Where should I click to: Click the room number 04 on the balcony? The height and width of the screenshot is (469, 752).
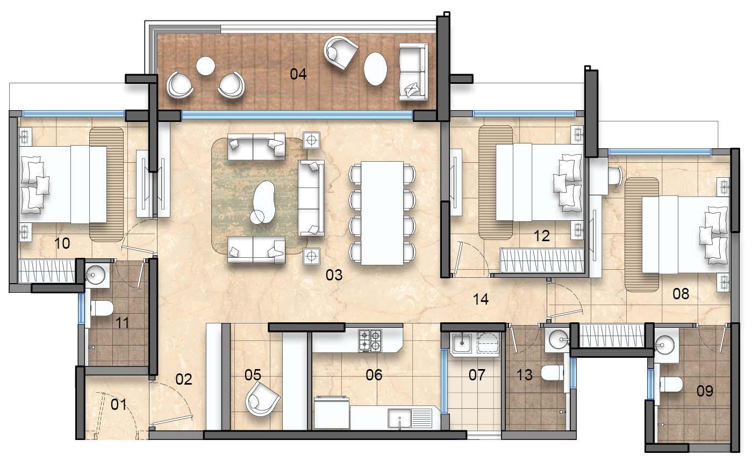(x=298, y=74)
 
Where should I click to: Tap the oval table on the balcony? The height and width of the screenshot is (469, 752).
(x=375, y=69)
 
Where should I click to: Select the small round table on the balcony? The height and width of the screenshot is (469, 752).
(x=205, y=66)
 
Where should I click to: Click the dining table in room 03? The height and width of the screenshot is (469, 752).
(x=382, y=213)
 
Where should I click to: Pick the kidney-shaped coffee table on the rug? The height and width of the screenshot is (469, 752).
(x=263, y=203)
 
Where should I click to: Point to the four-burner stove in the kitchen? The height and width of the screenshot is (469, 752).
(x=370, y=340)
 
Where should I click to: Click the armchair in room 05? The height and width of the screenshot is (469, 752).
(x=262, y=399)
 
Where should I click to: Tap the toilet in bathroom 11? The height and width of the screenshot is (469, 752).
(x=102, y=308)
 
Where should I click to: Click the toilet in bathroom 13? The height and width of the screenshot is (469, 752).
(x=553, y=373)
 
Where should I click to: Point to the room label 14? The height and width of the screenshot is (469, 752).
(x=481, y=299)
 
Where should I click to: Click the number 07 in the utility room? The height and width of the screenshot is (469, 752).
(x=477, y=375)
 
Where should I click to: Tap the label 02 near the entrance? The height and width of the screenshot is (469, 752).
(x=184, y=379)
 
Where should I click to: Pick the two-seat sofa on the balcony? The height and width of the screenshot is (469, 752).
(x=413, y=72)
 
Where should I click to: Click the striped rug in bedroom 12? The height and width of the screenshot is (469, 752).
(x=496, y=183)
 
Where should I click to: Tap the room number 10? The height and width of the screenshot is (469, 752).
(x=62, y=243)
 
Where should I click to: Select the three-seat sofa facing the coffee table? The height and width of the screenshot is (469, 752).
(x=311, y=198)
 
